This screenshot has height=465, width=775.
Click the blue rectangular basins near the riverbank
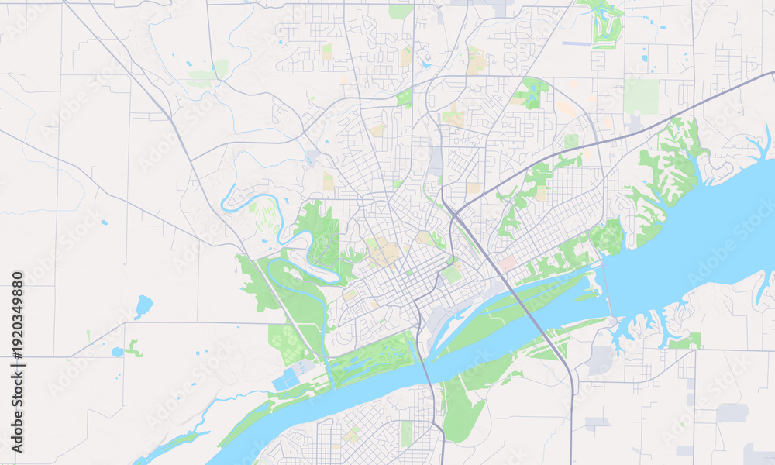[x=287, y=377]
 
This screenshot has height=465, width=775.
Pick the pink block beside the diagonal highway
[x=507, y=264]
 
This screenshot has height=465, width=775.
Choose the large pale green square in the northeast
[x=641, y=95]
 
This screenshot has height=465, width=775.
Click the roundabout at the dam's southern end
[x=612, y=321]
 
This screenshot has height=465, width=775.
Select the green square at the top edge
[x=400, y=11]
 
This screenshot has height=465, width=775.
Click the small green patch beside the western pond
[x=134, y=349]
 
